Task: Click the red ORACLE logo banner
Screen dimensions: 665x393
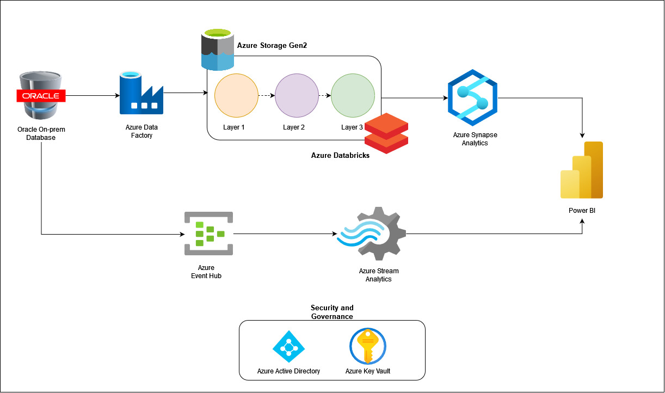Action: click(41, 96)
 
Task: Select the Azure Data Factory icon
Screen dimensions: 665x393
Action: click(141, 93)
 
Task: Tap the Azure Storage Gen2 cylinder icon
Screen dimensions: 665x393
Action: click(218, 50)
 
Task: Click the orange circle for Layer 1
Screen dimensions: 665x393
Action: click(236, 96)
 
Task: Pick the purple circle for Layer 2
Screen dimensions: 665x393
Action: click(297, 96)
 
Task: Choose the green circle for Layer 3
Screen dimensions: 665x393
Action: click(353, 96)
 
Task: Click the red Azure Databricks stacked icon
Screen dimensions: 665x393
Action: click(386, 133)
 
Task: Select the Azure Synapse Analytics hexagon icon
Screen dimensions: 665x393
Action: click(472, 98)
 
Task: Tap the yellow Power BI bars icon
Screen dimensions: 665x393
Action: click(582, 170)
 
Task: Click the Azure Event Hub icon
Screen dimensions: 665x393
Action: click(209, 234)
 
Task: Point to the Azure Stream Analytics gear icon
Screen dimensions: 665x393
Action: click(371, 234)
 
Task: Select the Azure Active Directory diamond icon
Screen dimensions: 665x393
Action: click(288, 346)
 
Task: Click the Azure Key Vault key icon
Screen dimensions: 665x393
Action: click(368, 346)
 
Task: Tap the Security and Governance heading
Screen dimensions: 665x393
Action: click(332, 312)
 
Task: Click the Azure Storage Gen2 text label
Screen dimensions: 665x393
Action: click(272, 45)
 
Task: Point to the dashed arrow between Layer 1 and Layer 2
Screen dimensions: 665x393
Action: click(267, 96)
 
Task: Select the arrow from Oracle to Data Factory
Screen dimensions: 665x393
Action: click(93, 96)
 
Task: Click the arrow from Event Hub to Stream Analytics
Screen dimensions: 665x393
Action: click(285, 234)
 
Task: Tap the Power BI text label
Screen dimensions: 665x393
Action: click(582, 211)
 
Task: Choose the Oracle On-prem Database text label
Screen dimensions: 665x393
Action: click(41, 133)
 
